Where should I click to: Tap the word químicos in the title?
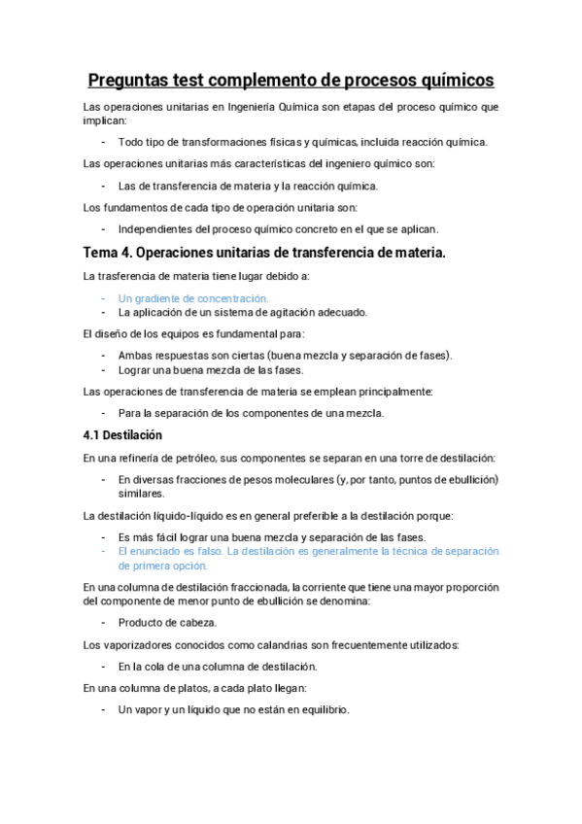[450, 79]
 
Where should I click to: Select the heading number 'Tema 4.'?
[108, 254]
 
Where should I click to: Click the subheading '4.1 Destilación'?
[122, 434]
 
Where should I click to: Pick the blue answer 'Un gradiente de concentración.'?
[193, 298]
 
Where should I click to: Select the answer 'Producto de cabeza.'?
[167, 622]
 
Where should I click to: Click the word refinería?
[138, 457]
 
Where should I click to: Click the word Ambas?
[135, 356]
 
